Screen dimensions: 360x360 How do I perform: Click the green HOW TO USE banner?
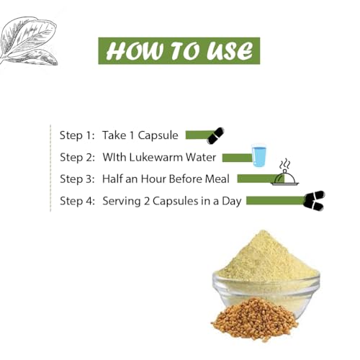pos(179,50)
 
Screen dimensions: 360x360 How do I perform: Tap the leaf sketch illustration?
pos(28,41)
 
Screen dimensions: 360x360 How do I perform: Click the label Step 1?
pos(77,135)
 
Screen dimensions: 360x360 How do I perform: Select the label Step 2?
pos(77,158)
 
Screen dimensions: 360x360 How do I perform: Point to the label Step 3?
pos(77,179)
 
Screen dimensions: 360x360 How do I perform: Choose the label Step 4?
pos(77,201)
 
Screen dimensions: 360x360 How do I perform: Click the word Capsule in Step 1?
pos(158,136)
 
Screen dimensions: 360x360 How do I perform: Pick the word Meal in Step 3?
pos(217,179)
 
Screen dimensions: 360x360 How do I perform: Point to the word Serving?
pos(122,202)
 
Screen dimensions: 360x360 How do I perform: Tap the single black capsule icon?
pos(215,135)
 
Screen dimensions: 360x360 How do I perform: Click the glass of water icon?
pos(259,155)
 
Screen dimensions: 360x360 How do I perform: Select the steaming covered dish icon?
pos(285,173)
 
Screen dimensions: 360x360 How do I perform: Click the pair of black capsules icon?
pos(314,200)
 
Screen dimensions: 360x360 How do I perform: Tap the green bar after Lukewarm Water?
pos(237,158)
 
